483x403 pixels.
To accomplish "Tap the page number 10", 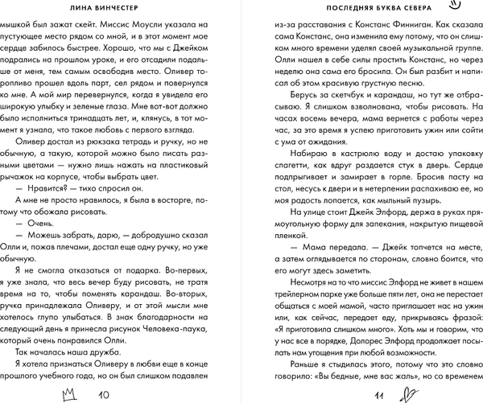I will coord(103,394).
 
